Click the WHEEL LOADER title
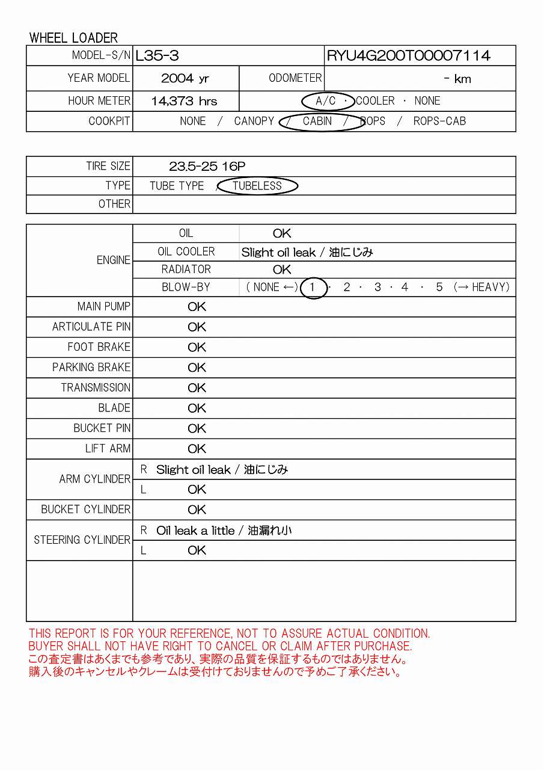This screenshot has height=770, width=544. (73, 38)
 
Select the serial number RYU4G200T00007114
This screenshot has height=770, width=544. (408, 56)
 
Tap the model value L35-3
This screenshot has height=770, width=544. (157, 56)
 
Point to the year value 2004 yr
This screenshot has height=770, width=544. (185, 79)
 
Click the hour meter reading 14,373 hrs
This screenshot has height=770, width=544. (184, 101)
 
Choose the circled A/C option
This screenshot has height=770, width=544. (326, 101)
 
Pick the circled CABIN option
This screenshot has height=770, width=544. (317, 121)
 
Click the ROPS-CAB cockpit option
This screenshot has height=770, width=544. (439, 121)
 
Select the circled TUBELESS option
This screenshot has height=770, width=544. (257, 186)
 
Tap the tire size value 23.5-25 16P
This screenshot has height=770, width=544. (207, 167)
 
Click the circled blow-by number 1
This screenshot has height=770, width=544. (313, 288)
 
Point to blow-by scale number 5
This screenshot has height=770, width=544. (439, 288)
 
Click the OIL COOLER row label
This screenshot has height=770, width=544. (186, 251)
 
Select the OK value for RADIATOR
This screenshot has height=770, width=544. (281, 269)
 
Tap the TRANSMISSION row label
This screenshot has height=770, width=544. (96, 388)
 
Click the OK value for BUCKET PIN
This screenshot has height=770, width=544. (197, 428)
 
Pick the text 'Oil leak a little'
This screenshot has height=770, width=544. (195, 531)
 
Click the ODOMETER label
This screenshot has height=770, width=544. (295, 78)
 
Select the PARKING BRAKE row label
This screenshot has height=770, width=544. (91, 368)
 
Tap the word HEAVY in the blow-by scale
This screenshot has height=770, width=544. (490, 288)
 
